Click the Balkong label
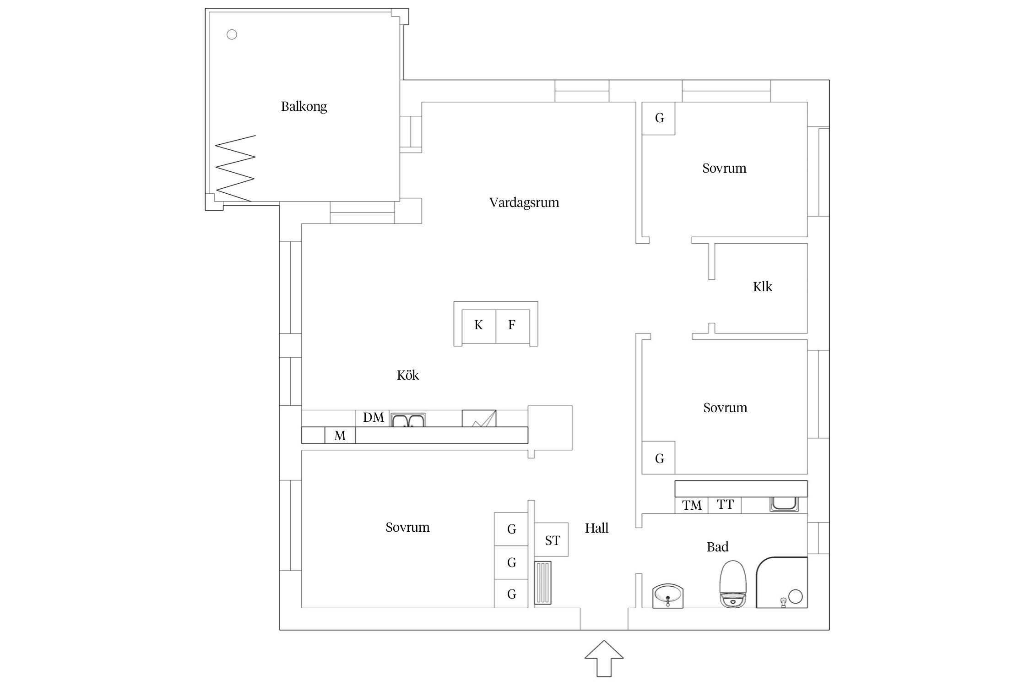[x=304, y=106]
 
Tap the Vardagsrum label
[x=524, y=202]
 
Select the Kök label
[x=407, y=375]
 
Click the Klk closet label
[x=762, y=287]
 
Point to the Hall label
[x=596, y=528]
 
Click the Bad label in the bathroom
[x=717, y=547]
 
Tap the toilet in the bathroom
[x=733, y=584]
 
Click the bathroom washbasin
[x=667, y=595]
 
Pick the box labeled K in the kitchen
[x=478, y=326]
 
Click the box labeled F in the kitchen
[x=512, y=326]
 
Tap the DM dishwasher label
[x=373, y=418]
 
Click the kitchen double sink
[x=408, y=420]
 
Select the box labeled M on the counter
[x=340, y=436]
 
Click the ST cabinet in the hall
[x=552, y=540]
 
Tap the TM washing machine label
[x=691, y=505]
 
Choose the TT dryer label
[x=725, y=505]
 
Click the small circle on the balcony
[x=232, y=34]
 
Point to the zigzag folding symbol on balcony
[x=235, y=168]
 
